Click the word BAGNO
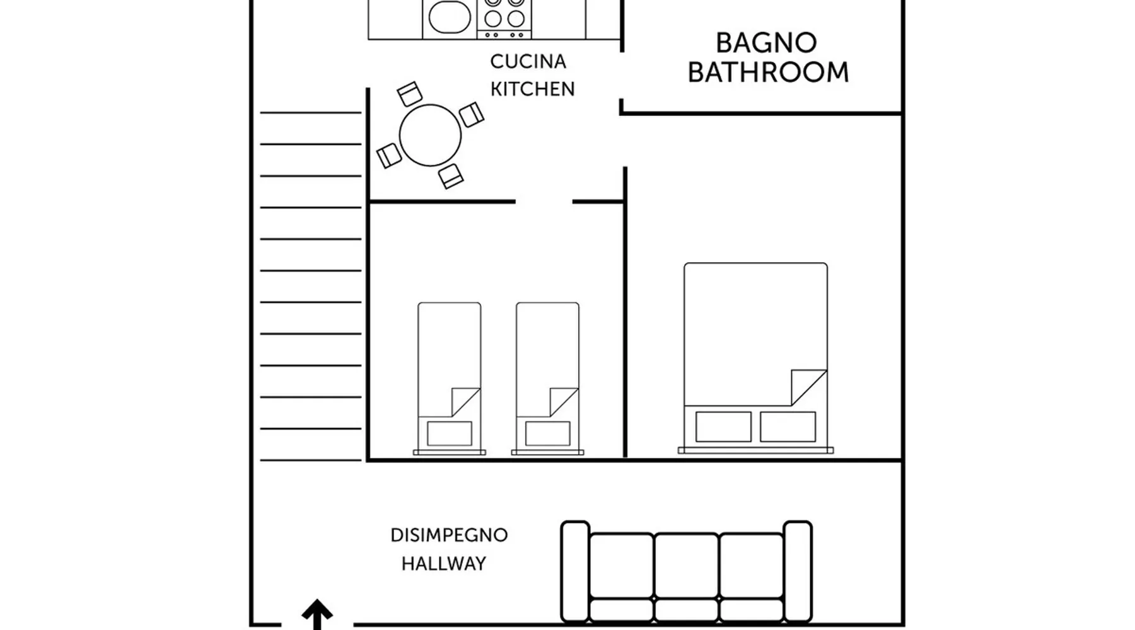click(766, 43)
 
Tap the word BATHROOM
click(768, 72)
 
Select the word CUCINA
click(528, 62)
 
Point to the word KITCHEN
click(532, 89)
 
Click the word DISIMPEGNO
click(449, 535)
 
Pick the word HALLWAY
click(444, 563)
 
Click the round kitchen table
click(430, 135)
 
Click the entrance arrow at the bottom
click(317, 614)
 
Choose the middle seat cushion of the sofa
click(686, 566)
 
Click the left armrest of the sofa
click(575, 570)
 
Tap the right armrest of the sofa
click(798, 570)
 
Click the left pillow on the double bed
click(723, 427)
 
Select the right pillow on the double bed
click(788, 427)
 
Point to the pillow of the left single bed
click(450, 433)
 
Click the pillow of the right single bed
click(547, 433)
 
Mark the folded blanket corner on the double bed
click(806, 386)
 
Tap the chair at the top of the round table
click(410, 94)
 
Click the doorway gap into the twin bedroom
click(544, 202)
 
